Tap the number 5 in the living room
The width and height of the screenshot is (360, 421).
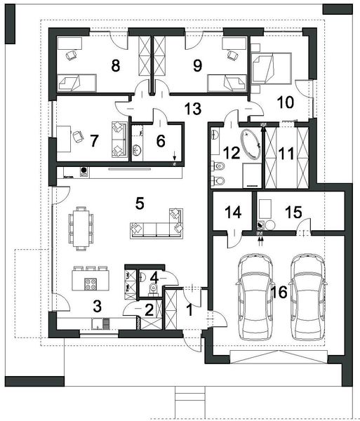pos(140,203)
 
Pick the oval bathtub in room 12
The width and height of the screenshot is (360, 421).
pos(249,143)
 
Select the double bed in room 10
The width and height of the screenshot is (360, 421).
pos(269,67)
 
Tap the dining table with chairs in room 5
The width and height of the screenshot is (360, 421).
pos(81,227)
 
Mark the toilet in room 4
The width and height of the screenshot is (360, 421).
pos(152,288)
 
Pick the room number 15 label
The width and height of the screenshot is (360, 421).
pos(294,211)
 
